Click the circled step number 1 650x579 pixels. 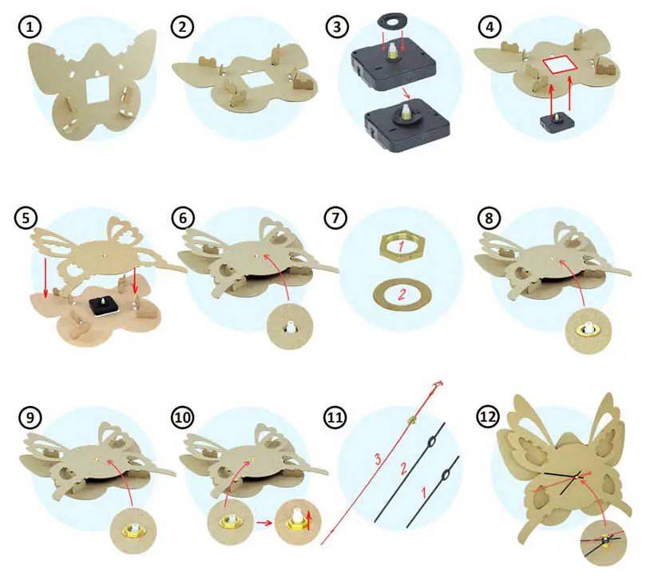[30, 27]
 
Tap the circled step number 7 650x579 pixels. [335, 217]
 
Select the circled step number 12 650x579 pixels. [487, 416]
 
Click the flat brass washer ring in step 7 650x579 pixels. [402, 294]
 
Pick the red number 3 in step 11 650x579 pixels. [378, 459]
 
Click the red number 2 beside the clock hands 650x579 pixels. [404, 468]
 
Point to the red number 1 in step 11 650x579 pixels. [424, 493]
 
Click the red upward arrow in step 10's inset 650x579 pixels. [308, 520]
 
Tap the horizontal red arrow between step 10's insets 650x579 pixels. [264, 522]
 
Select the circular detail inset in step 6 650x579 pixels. [290, 326]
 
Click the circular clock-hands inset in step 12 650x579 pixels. [603, 543]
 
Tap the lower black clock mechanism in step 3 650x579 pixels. [406, 124]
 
